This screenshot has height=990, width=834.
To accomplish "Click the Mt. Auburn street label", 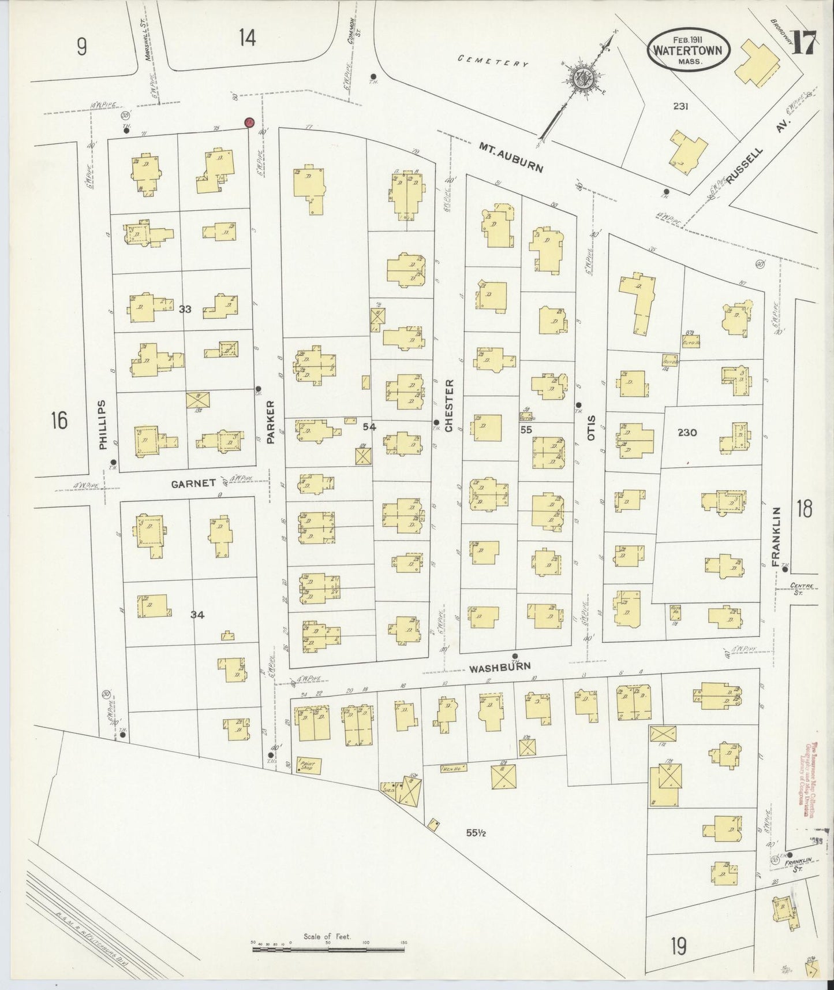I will (511, 158).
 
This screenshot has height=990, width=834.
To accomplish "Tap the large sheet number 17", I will (803, 44).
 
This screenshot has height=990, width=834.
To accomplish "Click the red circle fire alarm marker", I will (249, 122).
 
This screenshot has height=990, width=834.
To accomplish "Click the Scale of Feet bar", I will (328, 948).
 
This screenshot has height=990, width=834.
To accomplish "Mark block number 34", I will (197, 615).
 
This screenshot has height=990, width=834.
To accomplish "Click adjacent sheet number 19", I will (678, 947).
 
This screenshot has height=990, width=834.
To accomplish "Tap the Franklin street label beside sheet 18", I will (776, 534).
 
